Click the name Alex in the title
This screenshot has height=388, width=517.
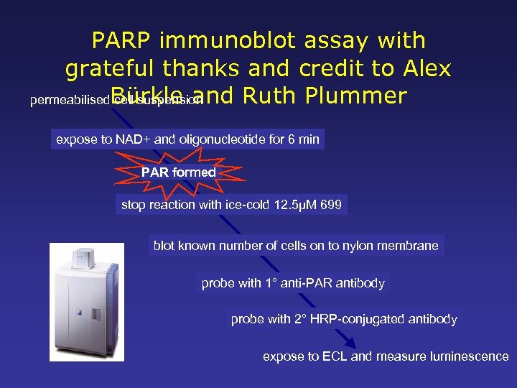pyautogui.click(x=424, y=68)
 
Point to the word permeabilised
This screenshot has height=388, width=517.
pyautogui.click(x=70, y=101)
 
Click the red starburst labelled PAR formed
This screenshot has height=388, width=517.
pyautogui.click(x=178, y=172)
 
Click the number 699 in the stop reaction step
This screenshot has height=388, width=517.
pyautogui.click(x=333, y=205)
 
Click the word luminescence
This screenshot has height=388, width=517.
pyautogui.click(x=467, y=356)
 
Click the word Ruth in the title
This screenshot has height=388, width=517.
pyautogui.click(x=266, y=96)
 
